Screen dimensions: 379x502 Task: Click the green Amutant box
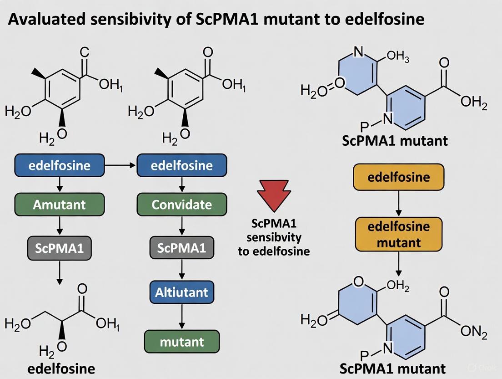point(60,205)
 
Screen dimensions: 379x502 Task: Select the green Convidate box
point(182,205)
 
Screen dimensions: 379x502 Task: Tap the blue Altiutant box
point(182,293)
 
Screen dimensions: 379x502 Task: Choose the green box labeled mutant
point(182,341)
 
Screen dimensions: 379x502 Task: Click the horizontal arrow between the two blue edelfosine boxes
point(120,165)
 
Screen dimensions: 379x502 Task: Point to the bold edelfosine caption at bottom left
point(61,368)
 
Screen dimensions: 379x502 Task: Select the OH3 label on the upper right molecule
point(398,58)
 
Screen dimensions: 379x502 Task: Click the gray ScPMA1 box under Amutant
point(60,249)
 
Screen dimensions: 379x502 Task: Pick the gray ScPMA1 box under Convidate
point(182,249)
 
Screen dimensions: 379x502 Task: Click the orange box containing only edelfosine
point(399,177)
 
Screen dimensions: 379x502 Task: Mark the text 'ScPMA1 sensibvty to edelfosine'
point(274,237)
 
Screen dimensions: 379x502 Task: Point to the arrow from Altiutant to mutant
point(182,317)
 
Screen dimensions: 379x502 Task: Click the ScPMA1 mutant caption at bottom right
point(394,368)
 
